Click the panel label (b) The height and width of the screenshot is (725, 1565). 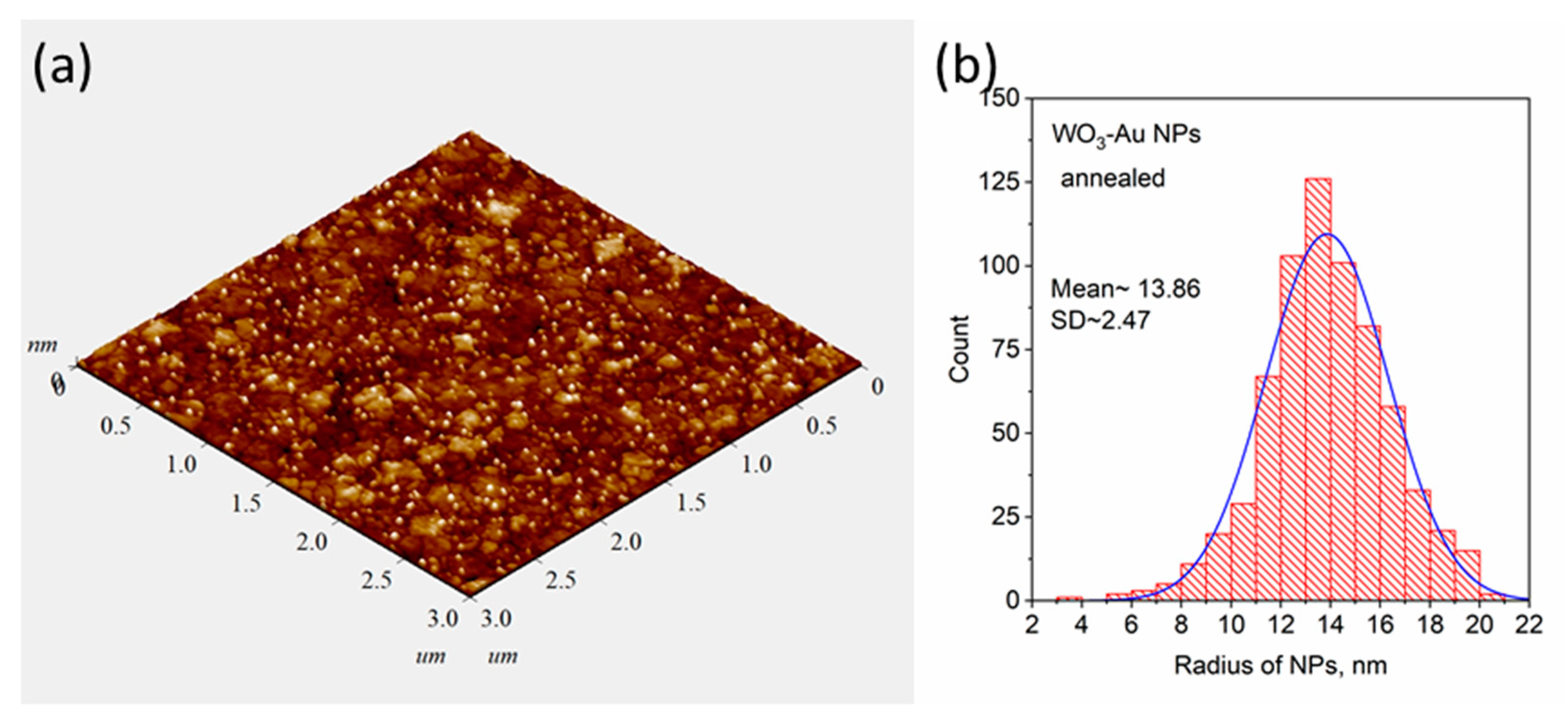point(966,68)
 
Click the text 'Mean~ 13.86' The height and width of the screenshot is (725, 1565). point(1125,289)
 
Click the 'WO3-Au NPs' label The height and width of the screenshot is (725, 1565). point(1125,134)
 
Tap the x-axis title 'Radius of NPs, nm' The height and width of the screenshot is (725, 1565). point(1280,666)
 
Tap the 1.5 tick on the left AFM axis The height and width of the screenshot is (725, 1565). point(246,503)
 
